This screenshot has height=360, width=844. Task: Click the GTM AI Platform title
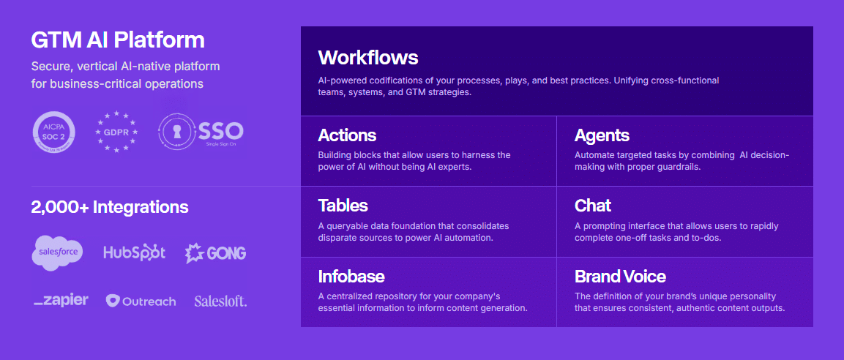(x=118, y=40)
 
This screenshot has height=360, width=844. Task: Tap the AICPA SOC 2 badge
(x=54, y=132)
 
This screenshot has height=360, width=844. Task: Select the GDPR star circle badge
(x=116, y=132)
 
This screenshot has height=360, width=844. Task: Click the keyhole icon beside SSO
(x=177, y=132)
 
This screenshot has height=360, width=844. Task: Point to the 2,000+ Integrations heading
(x=110, y=207)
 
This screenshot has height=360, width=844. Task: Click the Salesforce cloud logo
(x=58, y=252)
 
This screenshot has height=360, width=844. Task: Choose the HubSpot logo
(x=135, y=252)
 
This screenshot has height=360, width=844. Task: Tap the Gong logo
(x=215, y=253)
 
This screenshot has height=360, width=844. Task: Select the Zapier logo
(x=61, y=300)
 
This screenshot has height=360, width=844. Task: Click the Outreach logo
(x=141, y=301)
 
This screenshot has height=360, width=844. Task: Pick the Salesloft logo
(x=220, y=301)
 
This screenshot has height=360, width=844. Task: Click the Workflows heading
(x=368, y=57)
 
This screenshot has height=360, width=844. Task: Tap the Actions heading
(x=347, y=135)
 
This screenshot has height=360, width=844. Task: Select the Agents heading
(x=602, y=135)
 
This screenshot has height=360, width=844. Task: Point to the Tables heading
(x=343, y=206)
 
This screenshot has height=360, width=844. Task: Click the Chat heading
(x=593, y=206)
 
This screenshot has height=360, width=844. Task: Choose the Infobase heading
(x=351, y=277)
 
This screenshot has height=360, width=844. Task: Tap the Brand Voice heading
(x=620, y=277)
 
